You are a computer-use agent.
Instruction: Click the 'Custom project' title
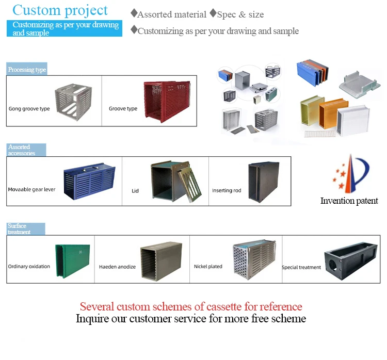[60, 10]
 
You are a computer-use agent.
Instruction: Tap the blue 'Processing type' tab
[27, 70]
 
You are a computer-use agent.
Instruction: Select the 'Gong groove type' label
[29, 109]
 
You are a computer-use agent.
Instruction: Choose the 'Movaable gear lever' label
[32, 190]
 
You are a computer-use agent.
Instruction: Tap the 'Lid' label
[135, 191]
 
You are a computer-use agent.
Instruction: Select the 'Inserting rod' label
[227, 190]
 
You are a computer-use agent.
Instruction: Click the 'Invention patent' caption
[349, 201]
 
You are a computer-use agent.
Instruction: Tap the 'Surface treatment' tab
[26, 229]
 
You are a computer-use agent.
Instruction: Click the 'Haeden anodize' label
[117, 267]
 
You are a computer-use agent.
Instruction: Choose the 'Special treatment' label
[301, 267]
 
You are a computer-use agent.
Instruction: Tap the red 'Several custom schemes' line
[191, 306]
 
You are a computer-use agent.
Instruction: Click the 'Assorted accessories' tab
[26, 150]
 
